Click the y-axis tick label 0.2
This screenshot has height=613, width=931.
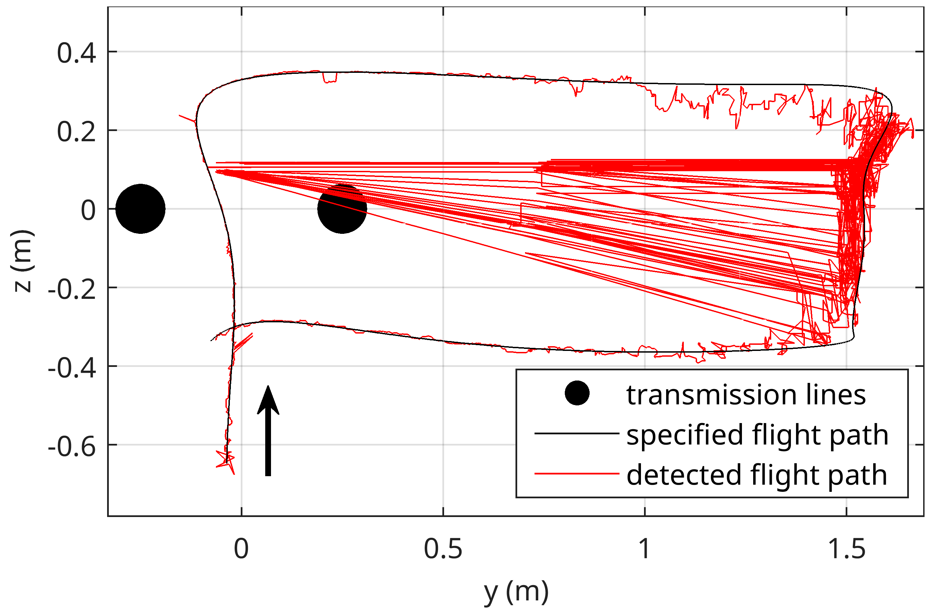point(76,132)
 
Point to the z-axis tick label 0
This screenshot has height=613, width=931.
point(88,211)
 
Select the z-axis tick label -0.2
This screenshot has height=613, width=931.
point(72,290)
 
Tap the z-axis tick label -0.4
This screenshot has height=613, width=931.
point(72,369)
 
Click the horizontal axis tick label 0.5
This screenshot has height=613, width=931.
point(443,549)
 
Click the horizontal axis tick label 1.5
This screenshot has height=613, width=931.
point(846,549)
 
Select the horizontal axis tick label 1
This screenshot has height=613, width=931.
point(645,549)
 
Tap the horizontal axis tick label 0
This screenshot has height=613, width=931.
point(241,549)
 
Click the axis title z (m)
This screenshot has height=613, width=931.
point(23,261)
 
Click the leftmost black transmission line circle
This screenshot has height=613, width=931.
point(140,209)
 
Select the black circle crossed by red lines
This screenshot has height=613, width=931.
point(342,209)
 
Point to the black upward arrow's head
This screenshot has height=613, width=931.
point(268,402)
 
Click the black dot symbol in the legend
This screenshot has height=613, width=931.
point(577,393)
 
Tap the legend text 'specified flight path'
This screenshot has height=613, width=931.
point(757,435)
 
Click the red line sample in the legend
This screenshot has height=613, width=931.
point(577,474)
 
